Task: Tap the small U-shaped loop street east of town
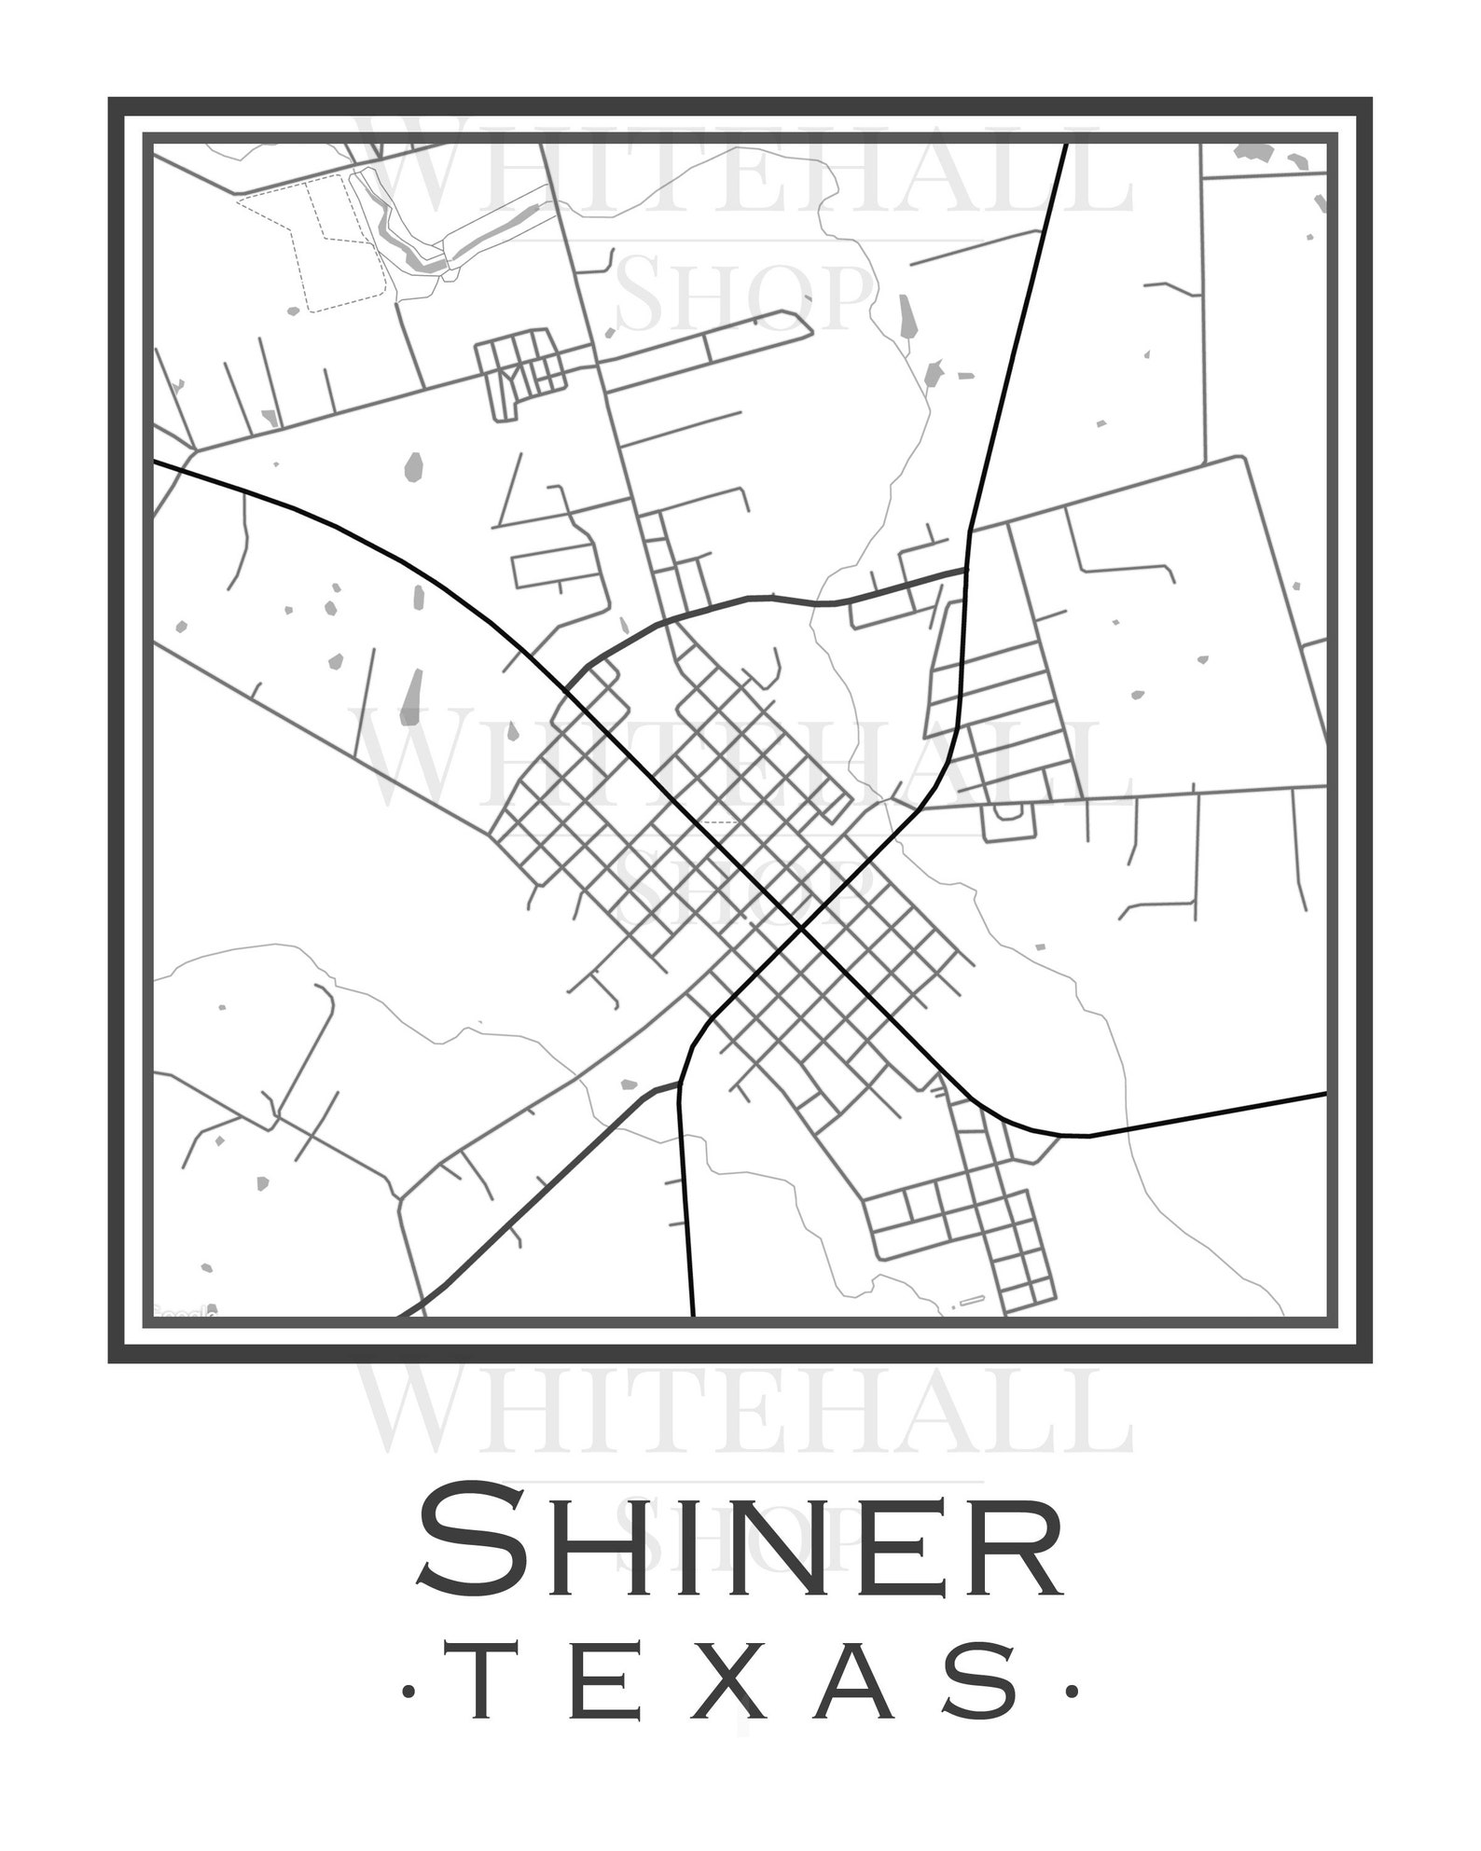point(1008,822)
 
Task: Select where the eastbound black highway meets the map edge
point(1323,1093)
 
